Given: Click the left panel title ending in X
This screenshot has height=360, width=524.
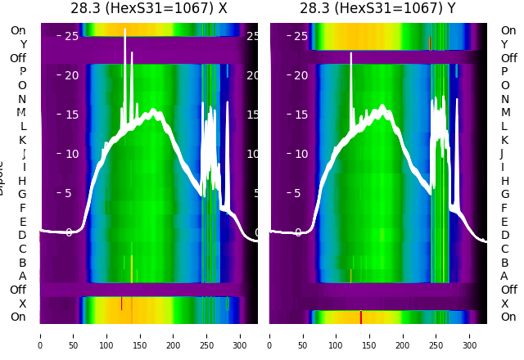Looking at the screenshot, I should [x=148, y=9].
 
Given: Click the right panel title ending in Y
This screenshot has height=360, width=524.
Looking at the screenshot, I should [x=378, y=9].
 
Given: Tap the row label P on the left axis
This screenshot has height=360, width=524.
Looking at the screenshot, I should [x=22, y=72].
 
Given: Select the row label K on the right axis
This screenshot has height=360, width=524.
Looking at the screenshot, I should [x=504, y=140].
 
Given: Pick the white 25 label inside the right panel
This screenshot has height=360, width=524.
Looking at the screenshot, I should [x=300, y=36].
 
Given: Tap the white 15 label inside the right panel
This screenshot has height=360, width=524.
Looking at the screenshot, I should [x=300, y=115].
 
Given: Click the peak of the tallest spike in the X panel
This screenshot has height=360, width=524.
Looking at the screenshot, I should [x=125, y=29].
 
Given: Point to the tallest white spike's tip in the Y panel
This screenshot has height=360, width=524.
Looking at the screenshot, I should [x=351, y=54].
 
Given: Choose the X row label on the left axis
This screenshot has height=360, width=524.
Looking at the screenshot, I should [x=22, y=304].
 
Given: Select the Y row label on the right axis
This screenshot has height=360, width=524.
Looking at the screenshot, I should [x=504, y=45].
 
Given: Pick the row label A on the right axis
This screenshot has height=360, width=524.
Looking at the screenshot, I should [x=504, y=277].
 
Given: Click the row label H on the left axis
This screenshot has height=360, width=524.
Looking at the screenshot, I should [x=22, y=181].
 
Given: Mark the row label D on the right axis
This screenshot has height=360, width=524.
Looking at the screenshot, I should [x=504, y=236].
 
